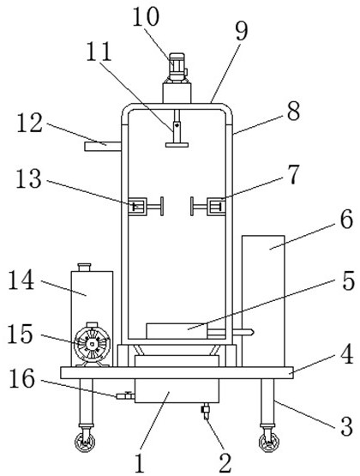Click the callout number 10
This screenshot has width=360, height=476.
click(x=146, y=16)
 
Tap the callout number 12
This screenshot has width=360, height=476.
click(x=29, y=123)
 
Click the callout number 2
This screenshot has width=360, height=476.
click(x=225, y=463)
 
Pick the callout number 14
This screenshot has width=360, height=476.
click(x=21, y=280)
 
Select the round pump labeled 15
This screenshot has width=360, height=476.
click(x=92, y=344)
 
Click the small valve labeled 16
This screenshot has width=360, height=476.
click(x=125, y=395)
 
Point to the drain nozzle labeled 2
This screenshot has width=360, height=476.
click(x=207, y=411)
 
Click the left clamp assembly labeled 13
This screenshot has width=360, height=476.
click(x=146, y=207)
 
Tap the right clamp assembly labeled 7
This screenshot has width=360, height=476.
click(x=208, y=207)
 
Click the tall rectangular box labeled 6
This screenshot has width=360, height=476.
click(x=263, y=301)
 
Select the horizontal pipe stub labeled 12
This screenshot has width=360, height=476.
click(x=103, y=147)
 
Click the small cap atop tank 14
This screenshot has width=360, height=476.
click(x=84, y=268)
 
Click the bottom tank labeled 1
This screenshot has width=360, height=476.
click(x=177, y=391)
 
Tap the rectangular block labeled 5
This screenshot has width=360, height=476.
click(x=177, y=331)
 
